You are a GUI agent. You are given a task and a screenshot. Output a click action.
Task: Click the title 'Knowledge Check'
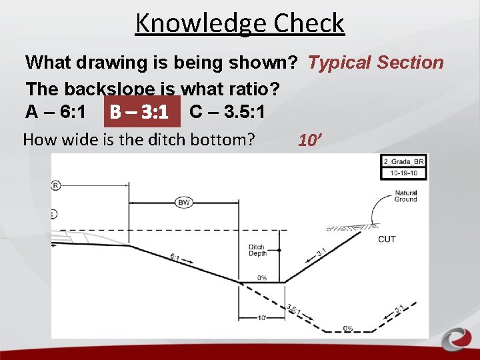point(239,23)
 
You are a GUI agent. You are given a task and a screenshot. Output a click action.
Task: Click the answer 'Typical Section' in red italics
point(375,63)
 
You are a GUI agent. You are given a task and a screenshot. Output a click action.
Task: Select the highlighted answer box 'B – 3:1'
point(142,112)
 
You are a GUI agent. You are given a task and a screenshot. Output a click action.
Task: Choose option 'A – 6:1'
point(55,112)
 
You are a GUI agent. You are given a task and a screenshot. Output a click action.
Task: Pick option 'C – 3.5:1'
point(227,112)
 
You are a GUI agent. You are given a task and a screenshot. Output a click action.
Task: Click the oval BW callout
point(185,202)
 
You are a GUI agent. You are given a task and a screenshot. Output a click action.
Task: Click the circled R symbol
point(56,185)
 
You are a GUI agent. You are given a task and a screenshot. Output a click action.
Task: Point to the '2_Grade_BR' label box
point(403,161)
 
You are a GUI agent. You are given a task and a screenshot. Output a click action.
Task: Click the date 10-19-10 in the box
point(403,173)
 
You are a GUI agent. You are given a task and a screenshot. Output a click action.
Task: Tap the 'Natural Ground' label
point(405,196)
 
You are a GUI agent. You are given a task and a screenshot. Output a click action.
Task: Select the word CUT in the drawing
point(387,239)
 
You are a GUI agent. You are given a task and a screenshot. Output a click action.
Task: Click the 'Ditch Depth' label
point(257,250)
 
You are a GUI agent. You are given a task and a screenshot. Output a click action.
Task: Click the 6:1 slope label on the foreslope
point(175,257)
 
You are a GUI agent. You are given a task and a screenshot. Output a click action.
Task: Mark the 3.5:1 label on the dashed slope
point(294,310)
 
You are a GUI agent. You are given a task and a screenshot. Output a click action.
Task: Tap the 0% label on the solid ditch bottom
point(262,277)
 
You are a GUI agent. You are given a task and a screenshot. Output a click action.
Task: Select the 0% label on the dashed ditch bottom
point(347,328)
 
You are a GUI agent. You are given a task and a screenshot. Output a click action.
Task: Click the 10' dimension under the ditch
point(263,317)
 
